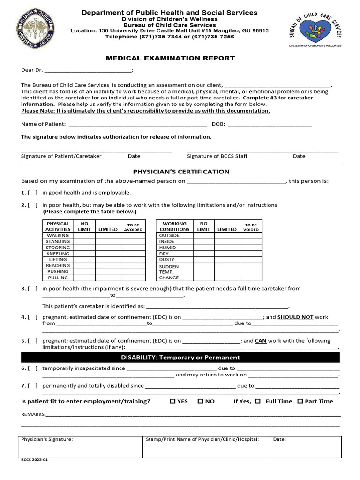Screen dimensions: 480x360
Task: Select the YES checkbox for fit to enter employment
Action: pos(172,401)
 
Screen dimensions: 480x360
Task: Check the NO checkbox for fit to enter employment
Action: pos(200,401)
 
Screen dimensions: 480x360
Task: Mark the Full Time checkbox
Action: pos(258,401)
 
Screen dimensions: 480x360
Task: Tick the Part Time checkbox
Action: pos(300,401)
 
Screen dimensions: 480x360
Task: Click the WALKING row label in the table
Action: pos(58,235)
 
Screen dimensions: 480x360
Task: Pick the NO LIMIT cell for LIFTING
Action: pos(84,259)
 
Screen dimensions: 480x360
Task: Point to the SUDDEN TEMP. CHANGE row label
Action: pos(169,271)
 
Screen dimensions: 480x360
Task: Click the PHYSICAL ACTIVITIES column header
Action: pos(58,226)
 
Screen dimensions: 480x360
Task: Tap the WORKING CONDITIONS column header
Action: pos(174,226)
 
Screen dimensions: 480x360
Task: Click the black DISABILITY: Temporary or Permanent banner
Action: pos(180,357)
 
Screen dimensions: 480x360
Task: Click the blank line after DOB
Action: pos(270,124)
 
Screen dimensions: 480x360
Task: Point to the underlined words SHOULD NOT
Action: pos(295,317)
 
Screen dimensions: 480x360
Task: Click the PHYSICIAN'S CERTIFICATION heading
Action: pos(181,172)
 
